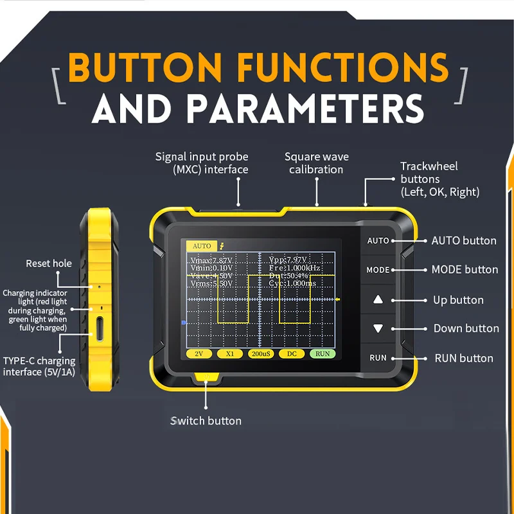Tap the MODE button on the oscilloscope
378,270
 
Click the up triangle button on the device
378,299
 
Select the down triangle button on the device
378,328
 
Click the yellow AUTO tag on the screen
201,246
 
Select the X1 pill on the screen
229,354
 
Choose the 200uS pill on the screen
260,354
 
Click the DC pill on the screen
291,354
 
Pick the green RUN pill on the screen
322,354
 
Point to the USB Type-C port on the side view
100,327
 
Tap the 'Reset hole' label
49,263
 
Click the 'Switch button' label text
206,421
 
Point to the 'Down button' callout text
466,328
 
